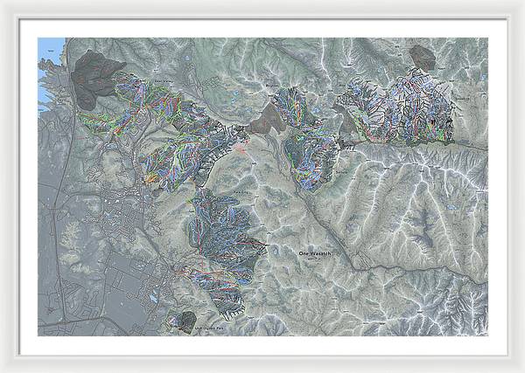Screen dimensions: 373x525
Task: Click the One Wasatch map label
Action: coord(317,252)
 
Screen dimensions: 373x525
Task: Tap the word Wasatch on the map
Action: coord(322,252)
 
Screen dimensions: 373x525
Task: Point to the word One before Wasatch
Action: coord(304,252)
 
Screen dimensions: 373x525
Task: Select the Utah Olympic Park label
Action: coord(210,325)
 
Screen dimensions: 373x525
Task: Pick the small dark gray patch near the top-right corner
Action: coord(423,58)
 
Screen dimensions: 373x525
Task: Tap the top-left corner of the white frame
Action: coord(3,3)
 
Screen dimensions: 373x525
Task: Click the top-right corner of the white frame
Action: coord(521,3)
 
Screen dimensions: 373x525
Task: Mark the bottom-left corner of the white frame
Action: coord(3,370)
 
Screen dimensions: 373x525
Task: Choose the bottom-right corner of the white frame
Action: coord(521,370)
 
